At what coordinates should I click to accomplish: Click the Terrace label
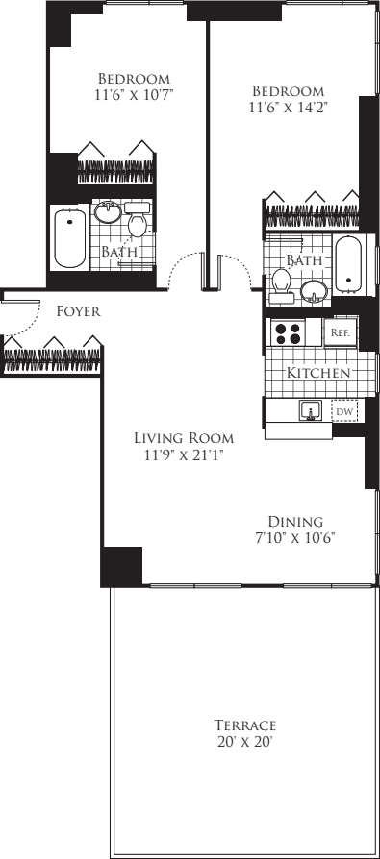[x=246, y=724]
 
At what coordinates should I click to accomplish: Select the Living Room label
[x=183, y=438]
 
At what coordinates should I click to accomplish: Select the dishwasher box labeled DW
[x=343, y=411]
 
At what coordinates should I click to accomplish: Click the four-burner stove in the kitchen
[x=287, y=332]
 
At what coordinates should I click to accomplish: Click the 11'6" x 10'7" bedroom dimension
[x=135, y=94]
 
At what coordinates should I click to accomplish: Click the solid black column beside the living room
[x=121, y=565]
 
